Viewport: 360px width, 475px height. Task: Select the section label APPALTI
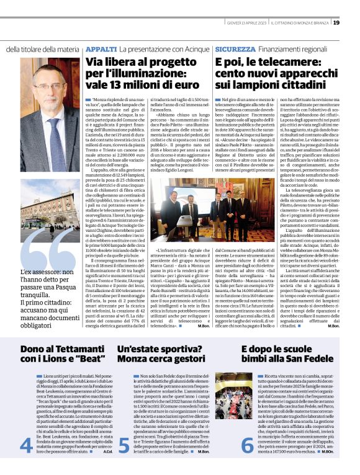pos(101,48)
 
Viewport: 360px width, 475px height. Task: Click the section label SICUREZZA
pos(235,48)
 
